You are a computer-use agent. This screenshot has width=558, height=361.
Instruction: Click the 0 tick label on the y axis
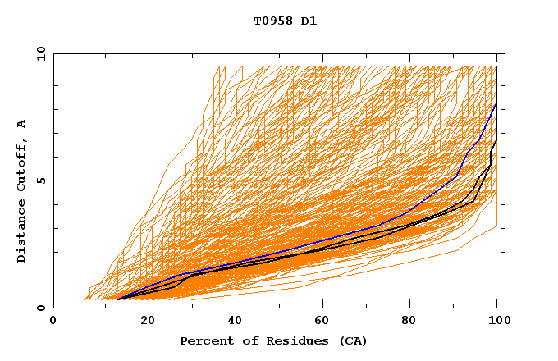[40, 308]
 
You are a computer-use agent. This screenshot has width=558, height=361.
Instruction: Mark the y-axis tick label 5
[40, 180]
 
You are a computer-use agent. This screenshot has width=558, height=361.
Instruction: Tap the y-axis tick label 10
[37, 53]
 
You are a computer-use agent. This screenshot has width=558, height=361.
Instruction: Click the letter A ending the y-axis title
[21, 124]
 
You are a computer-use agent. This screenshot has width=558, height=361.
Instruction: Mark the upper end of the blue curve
[496, 103]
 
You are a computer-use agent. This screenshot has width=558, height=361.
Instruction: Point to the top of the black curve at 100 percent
[496, 67]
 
